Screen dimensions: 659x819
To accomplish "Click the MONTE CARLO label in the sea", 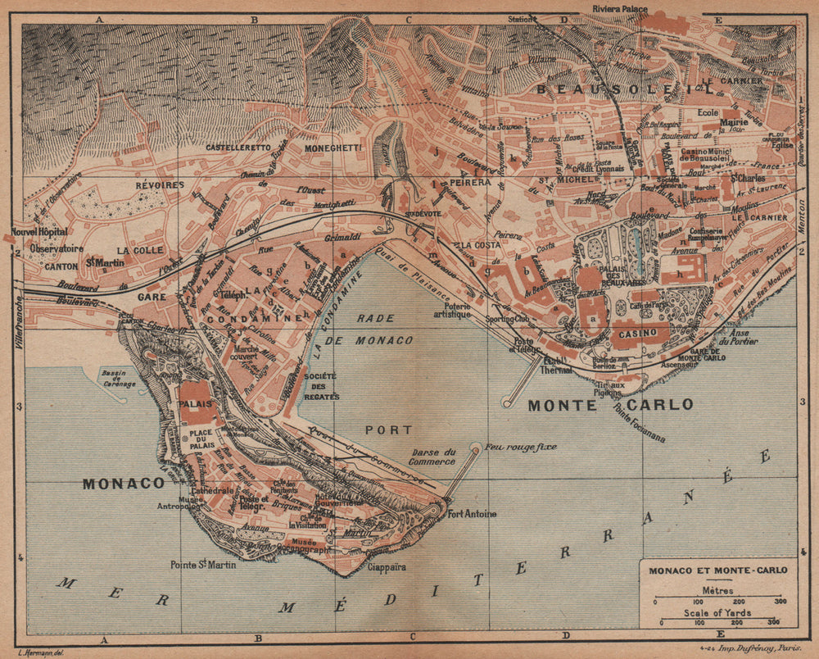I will coord(610,404).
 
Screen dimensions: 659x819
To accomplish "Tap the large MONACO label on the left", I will coord(124,484).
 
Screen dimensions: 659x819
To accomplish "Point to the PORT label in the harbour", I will coord(389,429).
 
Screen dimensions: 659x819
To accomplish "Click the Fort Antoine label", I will coord(472,514).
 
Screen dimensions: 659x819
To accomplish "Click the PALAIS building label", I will coord(195,404).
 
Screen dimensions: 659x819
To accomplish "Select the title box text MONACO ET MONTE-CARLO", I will coord(717,570).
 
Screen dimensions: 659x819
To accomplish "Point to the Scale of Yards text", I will coord(717,612).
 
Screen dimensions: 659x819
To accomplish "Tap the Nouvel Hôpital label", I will coord(37,232).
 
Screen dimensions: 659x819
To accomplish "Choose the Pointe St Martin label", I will coord(203,564).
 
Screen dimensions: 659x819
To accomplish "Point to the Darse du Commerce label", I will coord(433,457).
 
